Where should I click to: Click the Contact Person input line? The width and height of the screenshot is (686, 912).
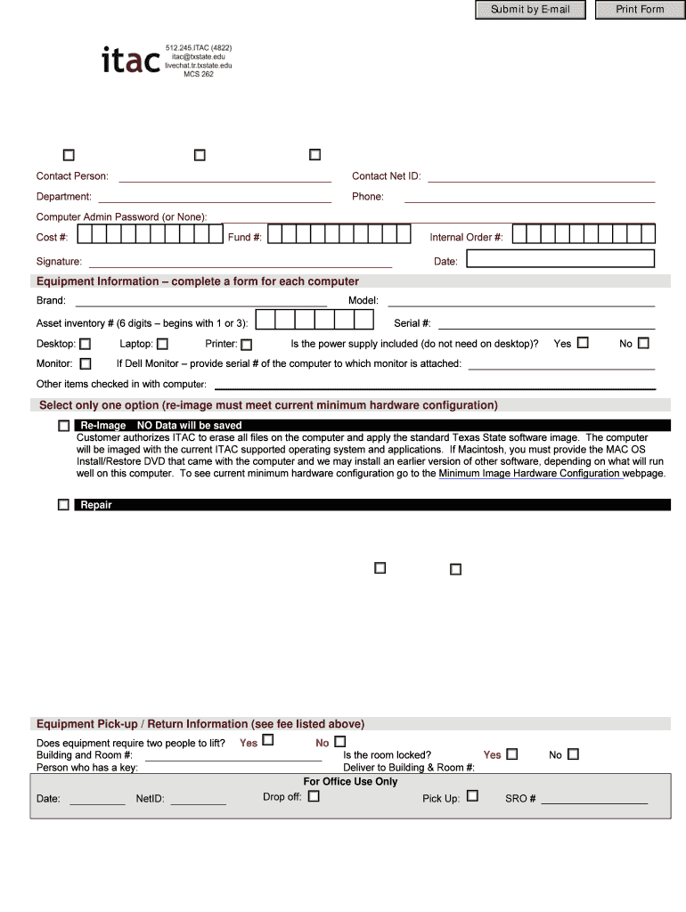(x=225, y=176)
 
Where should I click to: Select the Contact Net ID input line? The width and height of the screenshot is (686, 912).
(x=541, y=176)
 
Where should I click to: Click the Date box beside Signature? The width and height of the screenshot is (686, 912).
(x=560, y=259)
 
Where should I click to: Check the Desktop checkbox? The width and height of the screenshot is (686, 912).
(x=86, y=344)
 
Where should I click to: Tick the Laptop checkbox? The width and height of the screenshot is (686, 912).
(x=162, y=344)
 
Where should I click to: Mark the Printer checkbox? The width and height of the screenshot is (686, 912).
(x=247, y=345)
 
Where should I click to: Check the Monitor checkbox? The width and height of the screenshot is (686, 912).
(x=86, y=363)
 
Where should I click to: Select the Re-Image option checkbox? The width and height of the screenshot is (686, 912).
(x=63, y=427)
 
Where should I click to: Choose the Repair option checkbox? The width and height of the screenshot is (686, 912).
(x=63, y=505)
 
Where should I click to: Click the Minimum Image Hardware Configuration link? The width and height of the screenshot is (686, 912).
(x=530, y=474)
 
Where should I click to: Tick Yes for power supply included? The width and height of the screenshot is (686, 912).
(x=583, y=342)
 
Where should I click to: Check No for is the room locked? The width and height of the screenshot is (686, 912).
(x=573, y=753)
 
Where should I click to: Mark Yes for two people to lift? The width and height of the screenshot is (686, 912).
(x=268, y=740)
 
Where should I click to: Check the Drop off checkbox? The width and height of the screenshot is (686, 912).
(x=314, y=796)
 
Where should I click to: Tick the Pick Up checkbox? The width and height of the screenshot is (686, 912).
(x=472, y=796)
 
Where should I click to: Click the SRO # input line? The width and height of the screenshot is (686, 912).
(x=594, y=800)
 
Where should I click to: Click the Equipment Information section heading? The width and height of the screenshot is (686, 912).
(x=198, y=281)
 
